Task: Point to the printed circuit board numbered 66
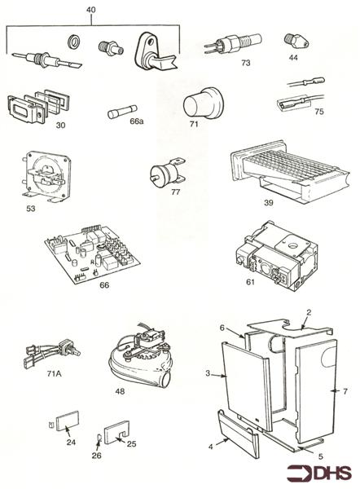tap(90, 253)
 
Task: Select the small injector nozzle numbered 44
tap(291, 40)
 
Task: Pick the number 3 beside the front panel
tap(209, 374)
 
